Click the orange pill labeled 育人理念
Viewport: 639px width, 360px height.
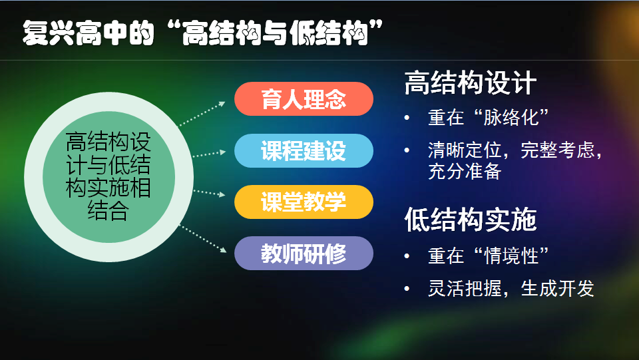pyautogui.click(x=304, y=99)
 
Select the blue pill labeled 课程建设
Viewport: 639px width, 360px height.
pyautogui.click(x=304, y=150)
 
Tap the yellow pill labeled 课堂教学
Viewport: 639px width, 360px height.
pyautogui.click(x=304, y=202)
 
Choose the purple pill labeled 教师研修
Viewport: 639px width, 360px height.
pyautogui.click(x=304, y=254)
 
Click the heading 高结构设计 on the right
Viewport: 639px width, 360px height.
pyautogui.click(x=471, y=83)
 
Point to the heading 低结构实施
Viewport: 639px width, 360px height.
pyautogui.click(x=471, y=220)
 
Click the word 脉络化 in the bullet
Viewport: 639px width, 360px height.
pyautogui.click(x=511, y=118)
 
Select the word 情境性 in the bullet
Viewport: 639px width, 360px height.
pyautogui.click(x=511, y=256)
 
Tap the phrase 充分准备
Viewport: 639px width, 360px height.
pyautogui.click(x=465, y=172)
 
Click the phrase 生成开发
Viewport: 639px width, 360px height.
pyautogui.click(x=558, y=289)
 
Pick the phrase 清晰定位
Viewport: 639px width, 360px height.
pyautogui.click(x=465, y=150)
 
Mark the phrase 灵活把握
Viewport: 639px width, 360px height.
pyautogui.click(x=465, y=289)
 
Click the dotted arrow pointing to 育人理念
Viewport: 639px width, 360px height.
pyautogui.click(x=202, y=114)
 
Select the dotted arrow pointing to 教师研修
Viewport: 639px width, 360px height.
pyautogui.click(x=203, y=239)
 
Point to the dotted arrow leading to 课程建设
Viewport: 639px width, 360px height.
pyautogui.click(x=209, y=154)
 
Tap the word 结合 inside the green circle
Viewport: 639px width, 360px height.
pyautogui.click(x=108, y=211)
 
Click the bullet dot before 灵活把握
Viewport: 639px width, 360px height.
pyautogui.click(x=407, y=289)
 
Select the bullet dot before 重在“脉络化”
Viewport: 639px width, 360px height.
pyautogui.click(x=407, y=118)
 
